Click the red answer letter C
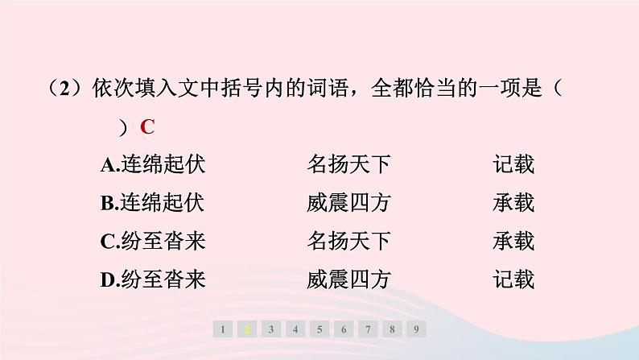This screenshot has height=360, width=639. [146, 127]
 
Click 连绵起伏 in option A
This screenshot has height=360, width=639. [163, 166]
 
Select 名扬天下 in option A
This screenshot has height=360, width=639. [348, 166]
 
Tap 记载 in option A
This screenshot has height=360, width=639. [513, 166]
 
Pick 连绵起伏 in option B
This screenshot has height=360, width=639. [163, 204]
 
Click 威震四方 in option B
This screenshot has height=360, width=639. [348, 204]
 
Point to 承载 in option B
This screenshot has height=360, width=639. [513, 204]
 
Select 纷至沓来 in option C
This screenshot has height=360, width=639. [163, 242]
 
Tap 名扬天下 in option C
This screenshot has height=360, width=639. [348, 242]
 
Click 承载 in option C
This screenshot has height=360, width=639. [513, 242]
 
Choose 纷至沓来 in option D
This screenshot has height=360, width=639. [163, 279]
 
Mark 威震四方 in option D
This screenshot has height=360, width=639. [348, 279]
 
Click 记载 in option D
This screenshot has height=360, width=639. [513, 279]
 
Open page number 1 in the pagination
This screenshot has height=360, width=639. [224, 329]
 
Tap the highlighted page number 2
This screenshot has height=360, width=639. [248, 329]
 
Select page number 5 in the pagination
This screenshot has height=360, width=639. [320, 329]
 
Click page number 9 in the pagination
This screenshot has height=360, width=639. [416, 329]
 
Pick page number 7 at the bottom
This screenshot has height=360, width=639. [368, 329]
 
